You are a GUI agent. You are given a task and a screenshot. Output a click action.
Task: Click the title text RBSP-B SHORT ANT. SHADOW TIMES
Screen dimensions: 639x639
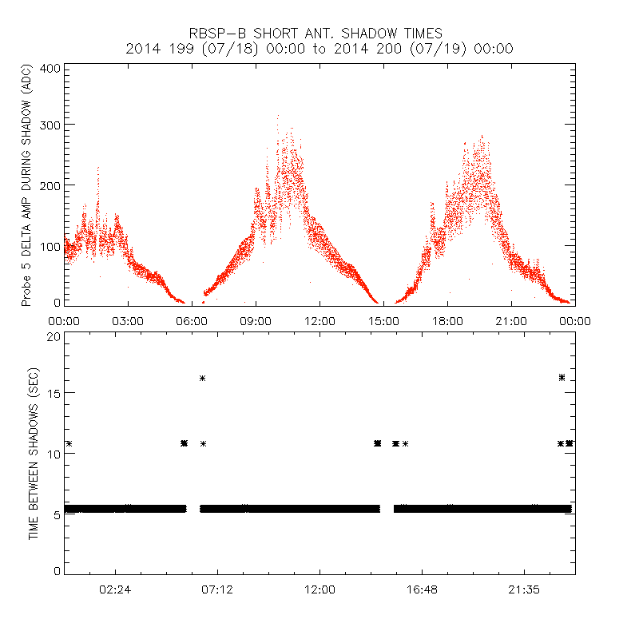point(319,34)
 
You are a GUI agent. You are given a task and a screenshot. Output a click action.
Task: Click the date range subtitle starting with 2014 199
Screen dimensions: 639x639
point(319,49)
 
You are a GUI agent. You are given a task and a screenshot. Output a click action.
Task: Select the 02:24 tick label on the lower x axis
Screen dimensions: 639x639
point(115,589)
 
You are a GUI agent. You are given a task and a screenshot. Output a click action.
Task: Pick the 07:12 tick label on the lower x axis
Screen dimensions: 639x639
point(217,589)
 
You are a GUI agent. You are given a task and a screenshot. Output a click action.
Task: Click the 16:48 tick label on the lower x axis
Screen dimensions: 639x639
point(422,589)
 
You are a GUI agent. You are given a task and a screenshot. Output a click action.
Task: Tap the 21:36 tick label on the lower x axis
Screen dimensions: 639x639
point(524,589)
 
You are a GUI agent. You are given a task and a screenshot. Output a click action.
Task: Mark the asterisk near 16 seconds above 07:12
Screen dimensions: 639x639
point(203,378)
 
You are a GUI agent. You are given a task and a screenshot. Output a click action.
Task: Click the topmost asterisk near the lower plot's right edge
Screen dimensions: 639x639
point(562,377)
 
